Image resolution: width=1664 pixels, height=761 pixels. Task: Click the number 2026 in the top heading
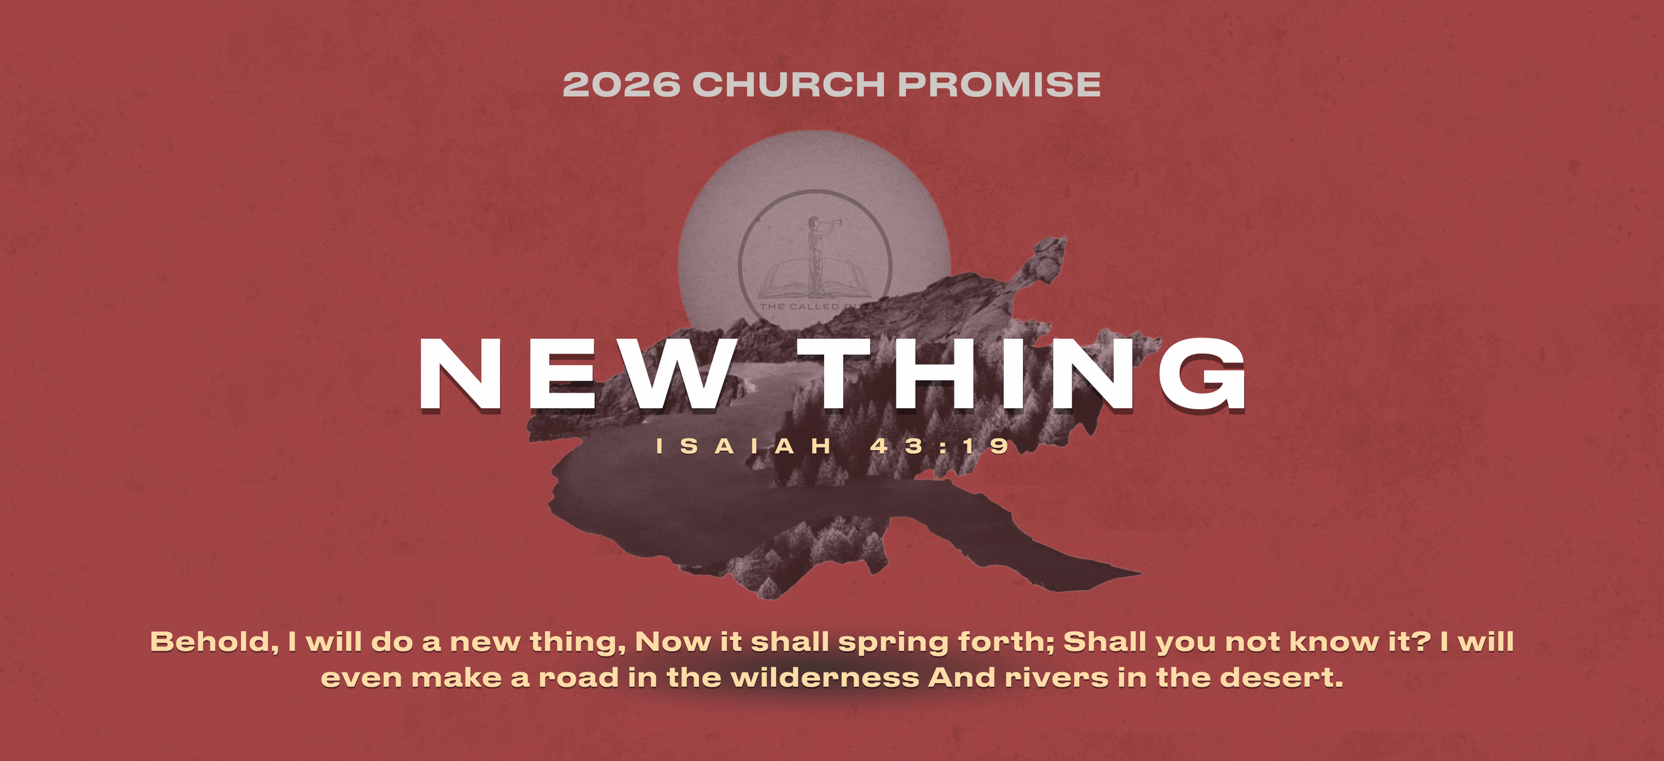point(621,85)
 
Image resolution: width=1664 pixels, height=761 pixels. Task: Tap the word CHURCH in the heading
point(789,85)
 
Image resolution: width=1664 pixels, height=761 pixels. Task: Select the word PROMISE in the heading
point(998,85)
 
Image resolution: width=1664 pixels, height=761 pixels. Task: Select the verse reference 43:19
point(939,446)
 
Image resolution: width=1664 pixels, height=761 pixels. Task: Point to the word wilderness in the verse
point(825,678)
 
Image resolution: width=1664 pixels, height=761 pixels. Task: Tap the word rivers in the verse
point(1056,678)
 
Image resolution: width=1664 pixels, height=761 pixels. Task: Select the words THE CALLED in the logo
point(799,307)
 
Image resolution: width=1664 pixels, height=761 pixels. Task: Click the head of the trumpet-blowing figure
point(813,222)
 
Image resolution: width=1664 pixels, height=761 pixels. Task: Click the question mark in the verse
point(1424,642)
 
